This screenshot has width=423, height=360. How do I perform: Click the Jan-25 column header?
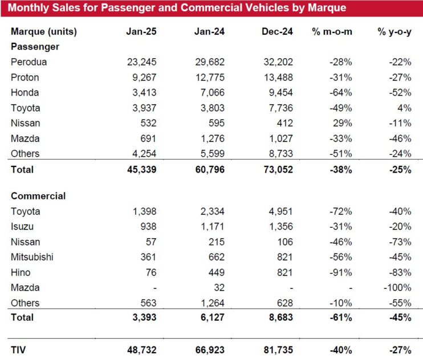[141, 31]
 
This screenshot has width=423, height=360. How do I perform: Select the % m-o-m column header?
[332, 31]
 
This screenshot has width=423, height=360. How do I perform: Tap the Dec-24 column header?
[277, 31]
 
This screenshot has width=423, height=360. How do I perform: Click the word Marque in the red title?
[327, 8]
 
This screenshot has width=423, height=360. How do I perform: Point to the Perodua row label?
[29, 62]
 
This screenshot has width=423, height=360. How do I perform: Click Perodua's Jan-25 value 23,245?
[141, 62]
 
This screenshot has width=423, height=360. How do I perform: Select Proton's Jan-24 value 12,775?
[210, 77]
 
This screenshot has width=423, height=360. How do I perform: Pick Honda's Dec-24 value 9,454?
[280, 93]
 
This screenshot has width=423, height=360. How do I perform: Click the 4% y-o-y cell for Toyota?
[404, 108]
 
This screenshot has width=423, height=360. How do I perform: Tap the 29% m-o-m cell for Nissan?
[343, 123]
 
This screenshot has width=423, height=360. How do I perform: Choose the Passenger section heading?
[35, 47]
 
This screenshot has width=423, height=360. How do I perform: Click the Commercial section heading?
[38, 196]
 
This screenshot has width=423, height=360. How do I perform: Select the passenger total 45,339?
[141, 170]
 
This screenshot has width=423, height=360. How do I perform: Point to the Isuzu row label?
[22, 227]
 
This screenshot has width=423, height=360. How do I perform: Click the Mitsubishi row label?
[32, 257]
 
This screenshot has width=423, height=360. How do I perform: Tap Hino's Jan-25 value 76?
[151, 272]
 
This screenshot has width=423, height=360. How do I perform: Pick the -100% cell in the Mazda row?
[397, 288]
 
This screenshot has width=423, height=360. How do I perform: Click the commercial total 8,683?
[280, 317]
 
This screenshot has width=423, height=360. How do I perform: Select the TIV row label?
[18, 350]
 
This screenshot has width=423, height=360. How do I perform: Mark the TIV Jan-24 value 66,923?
[210, 350]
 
